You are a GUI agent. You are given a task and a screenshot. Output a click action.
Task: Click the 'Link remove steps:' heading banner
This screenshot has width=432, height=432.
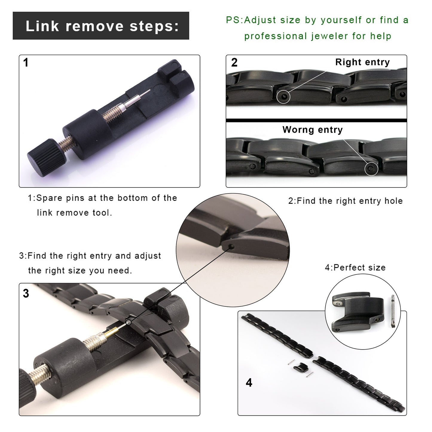point(101,26)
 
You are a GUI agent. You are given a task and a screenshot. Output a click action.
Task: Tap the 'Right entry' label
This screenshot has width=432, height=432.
point(362,62)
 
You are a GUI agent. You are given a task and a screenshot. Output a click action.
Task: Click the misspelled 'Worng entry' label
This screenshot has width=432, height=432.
point(312,130)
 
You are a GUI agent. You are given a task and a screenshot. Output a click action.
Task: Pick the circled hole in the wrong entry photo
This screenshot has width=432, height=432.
point(371,169)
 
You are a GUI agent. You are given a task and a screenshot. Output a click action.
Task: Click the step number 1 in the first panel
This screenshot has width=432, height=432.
point(26,63)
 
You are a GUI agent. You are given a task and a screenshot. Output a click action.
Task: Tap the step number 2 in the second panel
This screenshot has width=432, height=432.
point(234,62)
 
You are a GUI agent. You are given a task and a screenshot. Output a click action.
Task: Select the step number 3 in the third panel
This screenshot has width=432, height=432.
point(26,294)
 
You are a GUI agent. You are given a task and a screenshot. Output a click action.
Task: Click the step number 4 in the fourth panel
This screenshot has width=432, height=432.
point(249,383)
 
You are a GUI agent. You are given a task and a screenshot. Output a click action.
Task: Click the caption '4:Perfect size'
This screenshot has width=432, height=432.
point(355,267)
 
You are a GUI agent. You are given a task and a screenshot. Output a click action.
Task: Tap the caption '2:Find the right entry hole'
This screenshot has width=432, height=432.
point(345,201)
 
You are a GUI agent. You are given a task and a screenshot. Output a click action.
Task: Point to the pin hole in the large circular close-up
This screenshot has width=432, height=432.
point(231,246)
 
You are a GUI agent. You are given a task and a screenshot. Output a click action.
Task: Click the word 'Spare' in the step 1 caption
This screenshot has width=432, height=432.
point(49,198)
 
